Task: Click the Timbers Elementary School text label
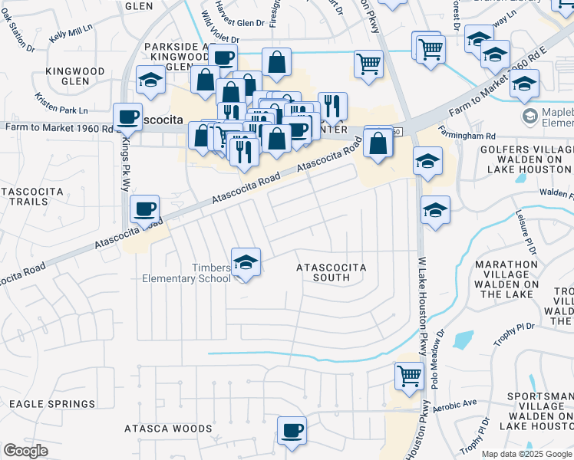point(186,273)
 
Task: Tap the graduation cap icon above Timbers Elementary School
point(246,262)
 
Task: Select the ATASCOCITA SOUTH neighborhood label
point(332,272)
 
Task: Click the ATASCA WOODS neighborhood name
point(168,429)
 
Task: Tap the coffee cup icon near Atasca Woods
point(292,430)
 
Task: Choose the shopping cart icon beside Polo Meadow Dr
point(409,376)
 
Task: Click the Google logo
point(25,451)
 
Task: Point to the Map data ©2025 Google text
point(526,454)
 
